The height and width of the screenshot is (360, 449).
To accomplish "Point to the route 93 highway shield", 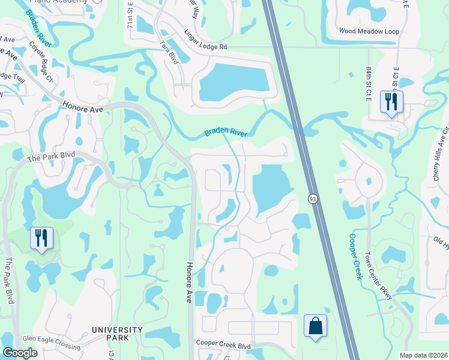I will click(x=313, y=199).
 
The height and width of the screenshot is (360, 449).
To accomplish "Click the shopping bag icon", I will click(x=316, y=326).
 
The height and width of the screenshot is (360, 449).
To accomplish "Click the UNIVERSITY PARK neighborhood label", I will click(x=117, y=334).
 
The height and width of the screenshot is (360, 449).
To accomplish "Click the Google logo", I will click(x=20, y=353).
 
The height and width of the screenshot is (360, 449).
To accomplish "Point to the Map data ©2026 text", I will click(x=423, y=355).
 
